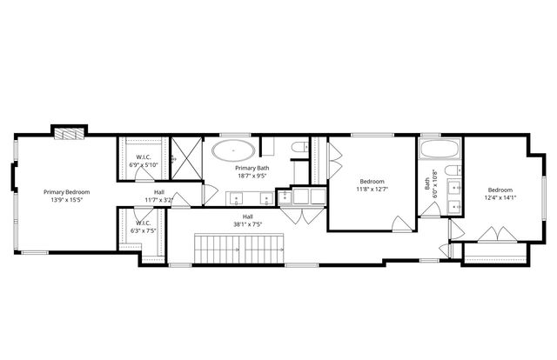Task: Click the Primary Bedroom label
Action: point(67,192)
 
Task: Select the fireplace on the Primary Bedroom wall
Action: point(67,132)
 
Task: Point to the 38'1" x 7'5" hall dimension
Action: point(248,224)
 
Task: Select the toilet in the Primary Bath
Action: point(299,150)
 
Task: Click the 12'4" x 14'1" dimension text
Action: point(500,197)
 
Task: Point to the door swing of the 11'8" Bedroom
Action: point(401,224)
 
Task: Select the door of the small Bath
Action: point(455,229)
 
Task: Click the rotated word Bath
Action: point(427,184)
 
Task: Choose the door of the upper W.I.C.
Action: point(141,175)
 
